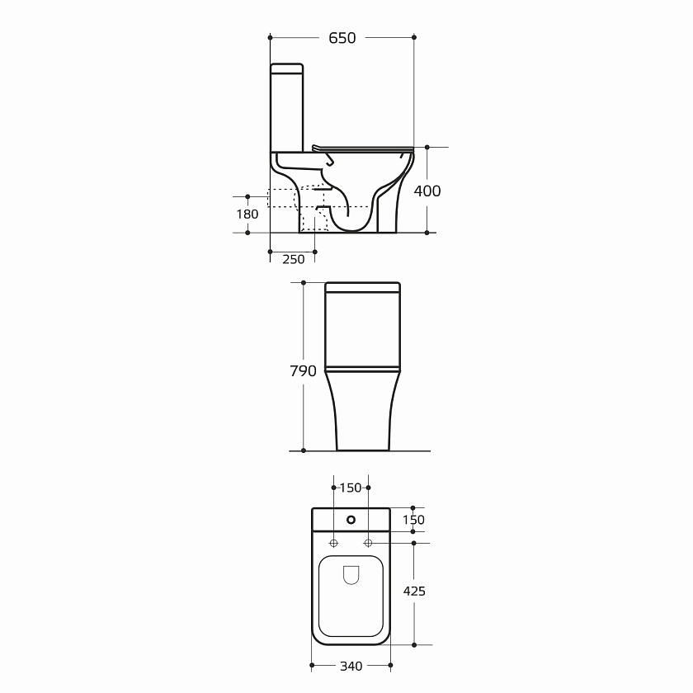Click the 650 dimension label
342,38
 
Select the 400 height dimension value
427,191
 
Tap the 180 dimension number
247,214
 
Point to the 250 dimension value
294,259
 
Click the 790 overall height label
304,370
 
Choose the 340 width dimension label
351,666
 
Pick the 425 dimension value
414,591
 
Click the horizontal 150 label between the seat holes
351,488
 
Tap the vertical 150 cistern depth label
413,520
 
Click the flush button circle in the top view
351,520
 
